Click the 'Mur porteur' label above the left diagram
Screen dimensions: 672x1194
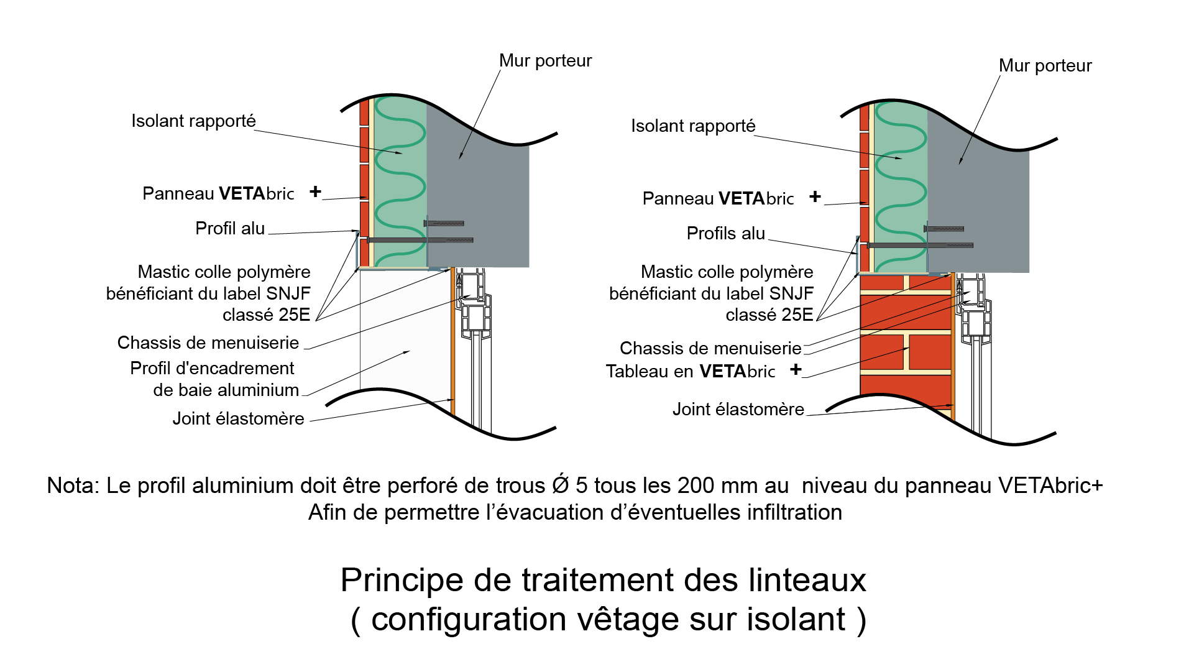click(545, 61)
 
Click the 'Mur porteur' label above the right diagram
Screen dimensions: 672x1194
click(1045, 66)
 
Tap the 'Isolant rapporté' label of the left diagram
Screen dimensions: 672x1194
click(193, 121)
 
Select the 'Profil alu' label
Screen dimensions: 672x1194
click(230, 229)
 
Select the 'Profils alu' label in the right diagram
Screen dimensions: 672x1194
click(725, 234)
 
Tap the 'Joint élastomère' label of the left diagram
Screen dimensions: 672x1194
click(238, 419)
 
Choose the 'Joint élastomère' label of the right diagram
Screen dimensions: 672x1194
click(738, 410)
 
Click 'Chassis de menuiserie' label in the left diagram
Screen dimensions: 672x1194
click(208, 343)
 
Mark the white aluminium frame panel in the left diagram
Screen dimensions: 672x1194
click(404, 329)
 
